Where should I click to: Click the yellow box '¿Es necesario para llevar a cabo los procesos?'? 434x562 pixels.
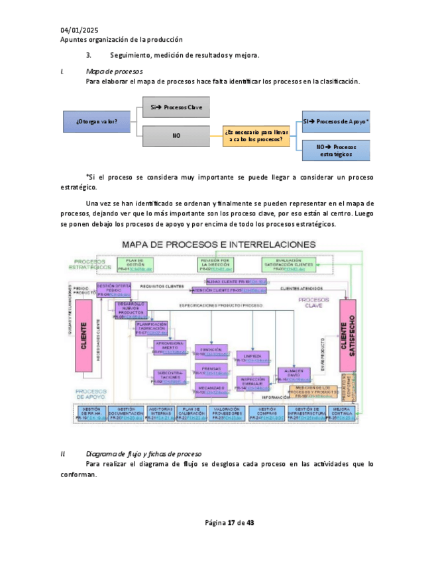click(256, 136)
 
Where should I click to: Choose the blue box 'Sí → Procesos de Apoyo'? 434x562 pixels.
click(336, 121)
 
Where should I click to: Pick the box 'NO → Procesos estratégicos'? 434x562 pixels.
click(336, 150)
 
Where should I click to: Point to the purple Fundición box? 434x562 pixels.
click(211, 352)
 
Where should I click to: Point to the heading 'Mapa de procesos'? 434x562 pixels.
click(115, 72)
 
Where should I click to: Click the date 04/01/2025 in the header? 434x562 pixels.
click(79, 30)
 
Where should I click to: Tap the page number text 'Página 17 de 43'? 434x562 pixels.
click(230, 523)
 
